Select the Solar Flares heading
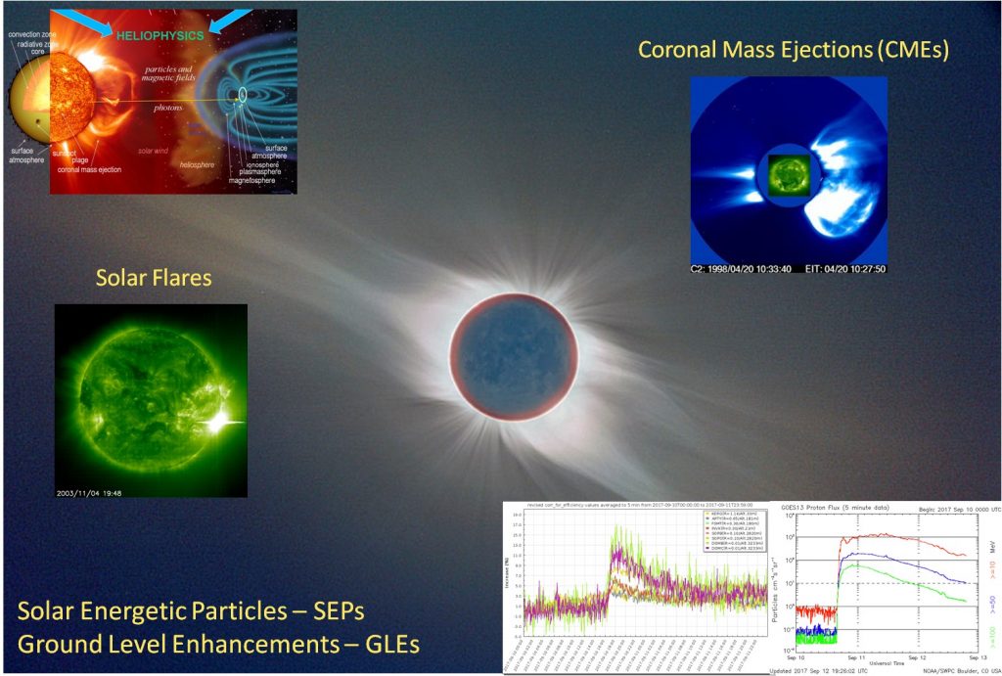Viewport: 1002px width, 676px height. [153, 278]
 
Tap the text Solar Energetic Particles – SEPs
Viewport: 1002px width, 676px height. [191, 612]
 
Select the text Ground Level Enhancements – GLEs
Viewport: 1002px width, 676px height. [218, 644]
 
